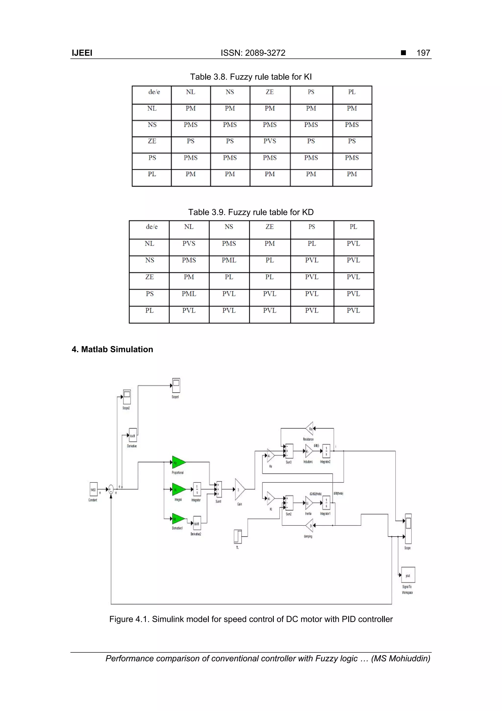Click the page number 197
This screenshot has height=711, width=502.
(x=423, y=53)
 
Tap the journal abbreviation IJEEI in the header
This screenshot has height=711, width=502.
(x=82, y=53)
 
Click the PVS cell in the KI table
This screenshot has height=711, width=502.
(x=270, y=141)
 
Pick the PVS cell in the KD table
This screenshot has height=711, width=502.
(x=189, y=244)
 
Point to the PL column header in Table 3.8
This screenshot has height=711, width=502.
(x=352, y=92)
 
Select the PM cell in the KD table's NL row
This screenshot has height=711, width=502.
(x=269, y=244)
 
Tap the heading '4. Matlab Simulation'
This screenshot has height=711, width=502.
(x=112, y=349)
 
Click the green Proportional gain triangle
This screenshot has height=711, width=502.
(x=178, y=462)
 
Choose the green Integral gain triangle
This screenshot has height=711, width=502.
(x=178, y=489)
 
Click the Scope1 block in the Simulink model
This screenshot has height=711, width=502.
(x=176, y=386)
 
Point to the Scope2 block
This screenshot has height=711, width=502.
(x=127, y=397)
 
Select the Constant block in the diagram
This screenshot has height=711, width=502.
(x=93, y=489)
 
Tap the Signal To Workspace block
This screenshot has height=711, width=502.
(x=408, y=575)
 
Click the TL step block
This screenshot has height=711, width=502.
(x=238, y=537)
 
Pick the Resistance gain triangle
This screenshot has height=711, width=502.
(x=309, y=429)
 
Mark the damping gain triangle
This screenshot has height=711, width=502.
(x=309, y=525)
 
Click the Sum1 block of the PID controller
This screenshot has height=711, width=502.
(x=219, y=489)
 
